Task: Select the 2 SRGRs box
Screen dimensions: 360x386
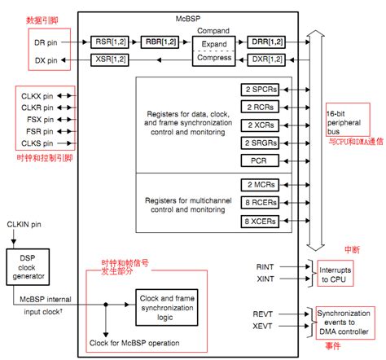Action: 261,143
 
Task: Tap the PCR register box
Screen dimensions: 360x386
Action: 261,161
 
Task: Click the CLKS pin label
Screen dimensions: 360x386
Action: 35,142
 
